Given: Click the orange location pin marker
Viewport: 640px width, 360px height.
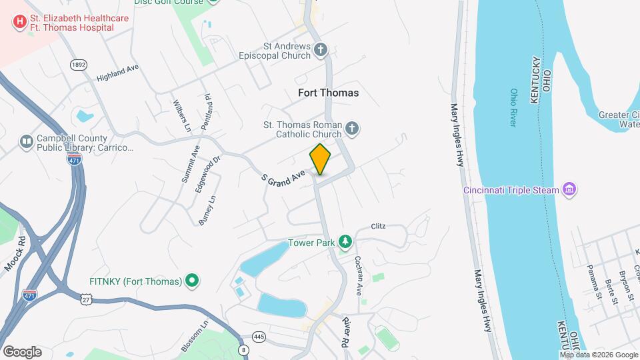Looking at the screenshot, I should click(x=320, y=159).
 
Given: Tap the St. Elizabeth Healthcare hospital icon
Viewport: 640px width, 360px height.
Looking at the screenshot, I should click(x=19, y=22).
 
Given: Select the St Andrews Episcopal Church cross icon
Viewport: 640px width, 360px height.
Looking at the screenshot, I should click(x=321, y=50).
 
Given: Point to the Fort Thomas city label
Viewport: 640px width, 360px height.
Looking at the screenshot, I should click(x=327, y=93).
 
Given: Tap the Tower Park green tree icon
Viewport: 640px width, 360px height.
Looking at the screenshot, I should click(x=345, y=241).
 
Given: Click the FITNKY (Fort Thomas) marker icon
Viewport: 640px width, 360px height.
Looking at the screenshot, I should click(x=192, y=281).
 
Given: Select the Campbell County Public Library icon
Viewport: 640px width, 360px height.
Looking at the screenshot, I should click(x=26, y=141).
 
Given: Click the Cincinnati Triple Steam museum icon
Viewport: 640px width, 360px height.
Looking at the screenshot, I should click(x=569, y=190).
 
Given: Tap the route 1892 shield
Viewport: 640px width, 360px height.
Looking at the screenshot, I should click(x=78, y=65).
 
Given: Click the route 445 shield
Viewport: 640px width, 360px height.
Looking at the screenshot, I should click(x=259, y=337).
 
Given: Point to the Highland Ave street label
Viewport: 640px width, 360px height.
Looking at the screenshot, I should click(x=117, y=73).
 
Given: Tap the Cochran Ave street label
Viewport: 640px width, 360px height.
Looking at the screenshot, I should click(x=358, y=275).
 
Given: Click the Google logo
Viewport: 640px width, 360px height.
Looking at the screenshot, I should click(x=22, y=351).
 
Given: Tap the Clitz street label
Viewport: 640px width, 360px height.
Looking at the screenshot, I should click(x=378, y=227).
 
